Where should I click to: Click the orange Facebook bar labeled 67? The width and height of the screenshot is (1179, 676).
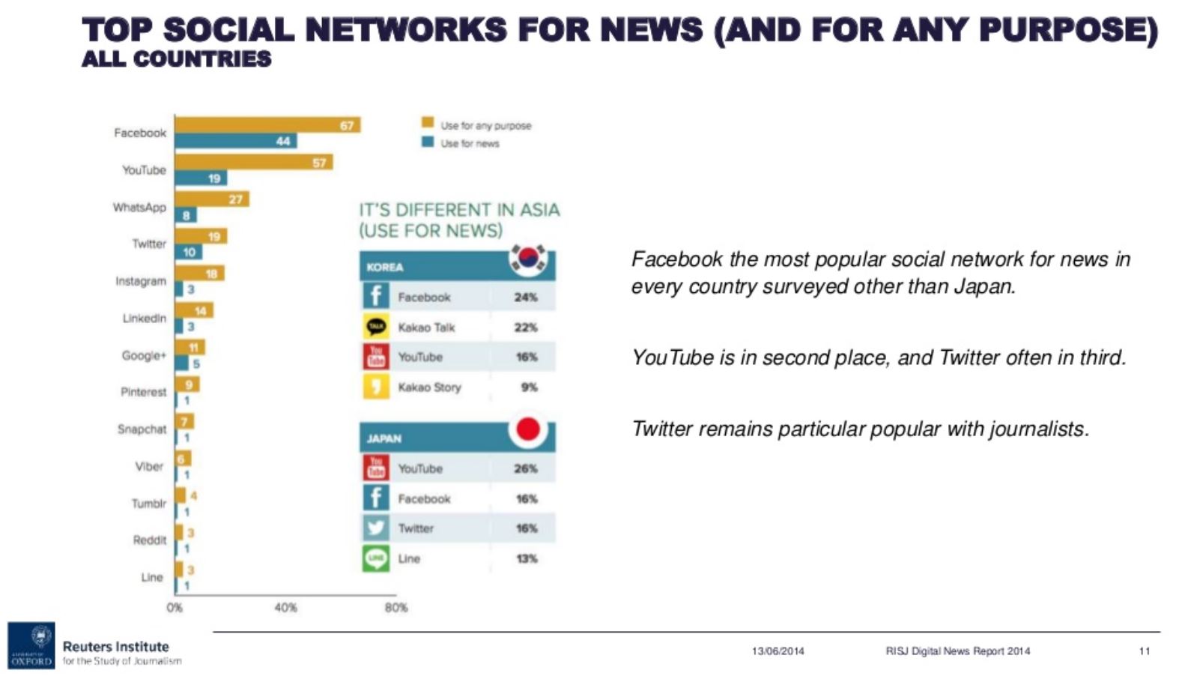point(267,125)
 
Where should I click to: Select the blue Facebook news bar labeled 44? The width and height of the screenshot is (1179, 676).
point(236,141)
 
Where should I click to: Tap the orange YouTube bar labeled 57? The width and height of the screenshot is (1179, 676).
point(254,162)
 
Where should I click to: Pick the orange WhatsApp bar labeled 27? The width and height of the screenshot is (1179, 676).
point(212,199)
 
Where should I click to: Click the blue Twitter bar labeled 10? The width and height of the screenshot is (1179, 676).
point(188,252)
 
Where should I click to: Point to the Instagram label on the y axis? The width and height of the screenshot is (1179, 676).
point(141,281)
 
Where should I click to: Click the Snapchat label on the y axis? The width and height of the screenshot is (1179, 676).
point(142,429)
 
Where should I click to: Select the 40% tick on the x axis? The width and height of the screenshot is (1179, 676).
point(285,607)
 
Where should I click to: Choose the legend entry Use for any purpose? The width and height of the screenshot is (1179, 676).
point(476,125)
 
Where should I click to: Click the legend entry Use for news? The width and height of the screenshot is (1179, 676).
point(461,143)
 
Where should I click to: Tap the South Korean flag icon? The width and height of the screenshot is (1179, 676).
point(528,259)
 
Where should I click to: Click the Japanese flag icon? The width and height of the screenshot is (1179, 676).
point(528,429)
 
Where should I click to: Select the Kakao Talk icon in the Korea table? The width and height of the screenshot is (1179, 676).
point(376,327)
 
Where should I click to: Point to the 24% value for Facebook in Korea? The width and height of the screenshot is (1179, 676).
point(526,298)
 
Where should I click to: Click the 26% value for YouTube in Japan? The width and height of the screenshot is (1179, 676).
point(526,468)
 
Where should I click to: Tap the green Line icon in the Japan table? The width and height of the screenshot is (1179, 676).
point(376,558)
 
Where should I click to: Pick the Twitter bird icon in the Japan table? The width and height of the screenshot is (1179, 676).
point(376,528)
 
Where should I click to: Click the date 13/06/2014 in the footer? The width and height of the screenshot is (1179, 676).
point(778,651)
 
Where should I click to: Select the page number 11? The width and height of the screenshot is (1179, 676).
point(1144,651)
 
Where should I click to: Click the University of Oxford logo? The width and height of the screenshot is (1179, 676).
point(31,645)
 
